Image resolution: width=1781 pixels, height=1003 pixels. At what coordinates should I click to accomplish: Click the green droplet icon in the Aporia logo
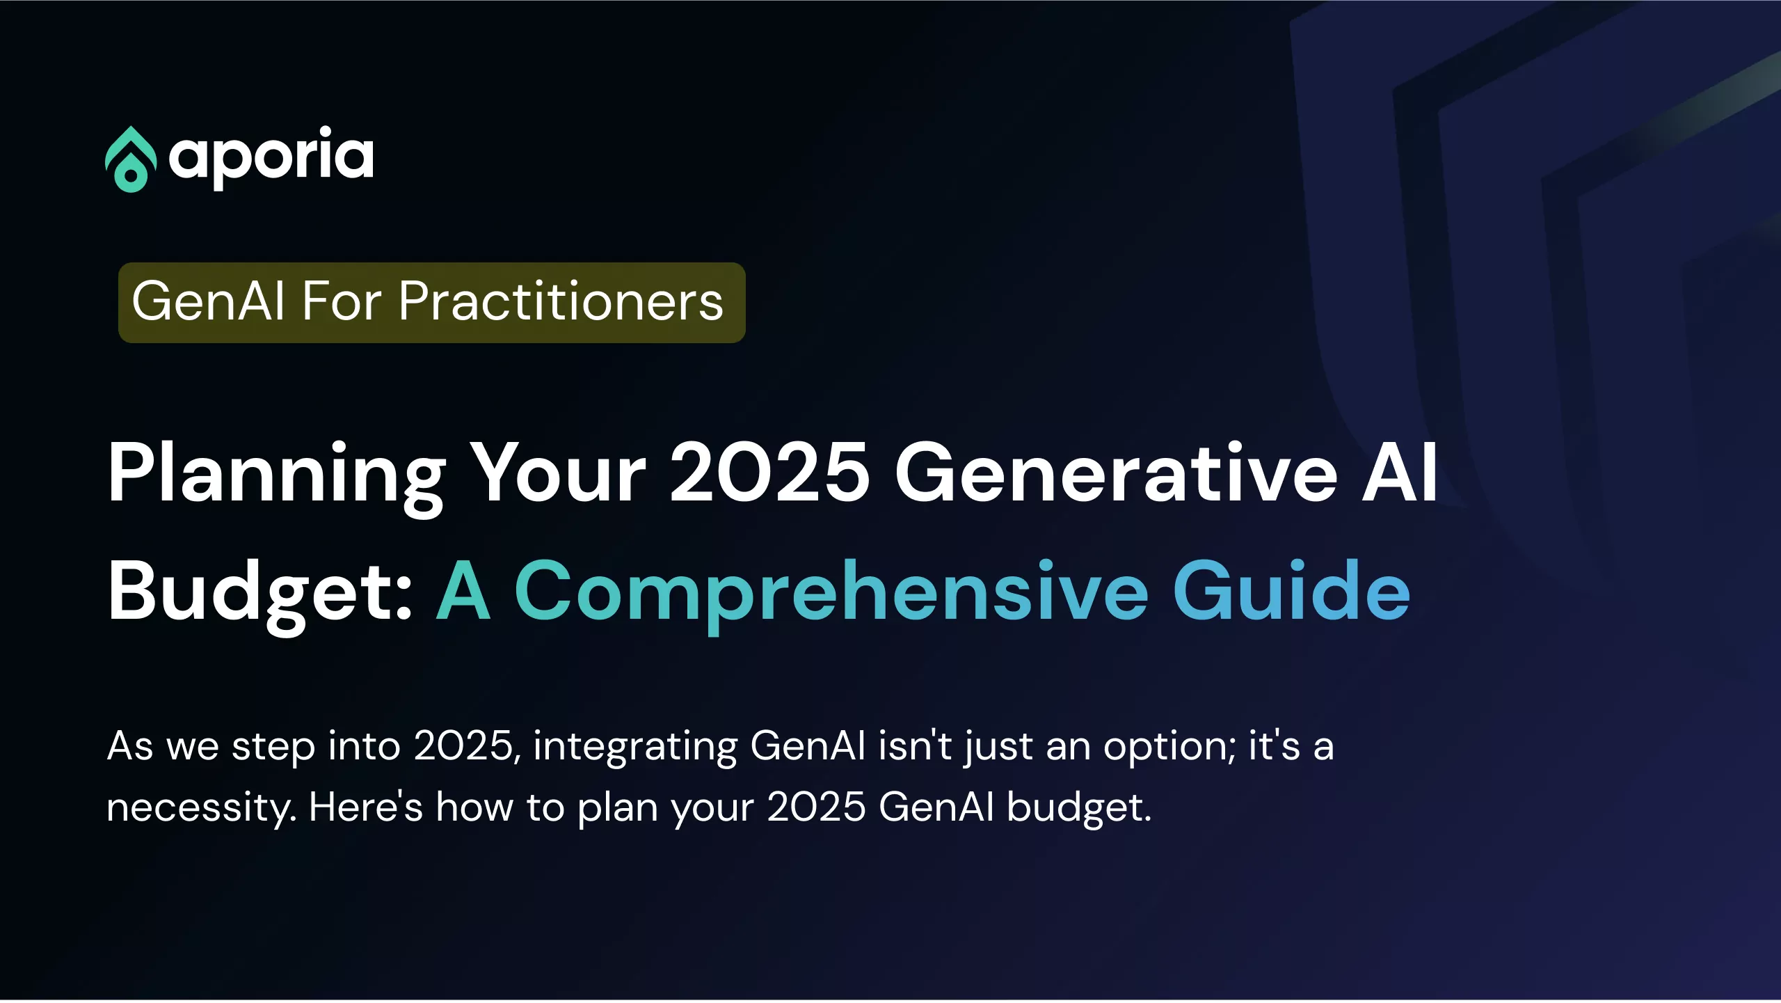click(130, 159)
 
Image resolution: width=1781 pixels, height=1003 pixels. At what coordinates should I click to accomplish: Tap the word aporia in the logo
click(271, 158)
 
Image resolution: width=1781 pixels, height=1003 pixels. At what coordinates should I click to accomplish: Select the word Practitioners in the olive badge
click(561, 301)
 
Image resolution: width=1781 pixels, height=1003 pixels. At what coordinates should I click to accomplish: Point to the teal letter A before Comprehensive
click(463, 590)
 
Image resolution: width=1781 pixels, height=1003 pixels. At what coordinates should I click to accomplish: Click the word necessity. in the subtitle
click(202, 809)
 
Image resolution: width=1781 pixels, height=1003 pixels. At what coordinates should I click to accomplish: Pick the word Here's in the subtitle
click(366, 807)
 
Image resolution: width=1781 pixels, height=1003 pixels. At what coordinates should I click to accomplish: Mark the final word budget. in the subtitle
click(1079, 809)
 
